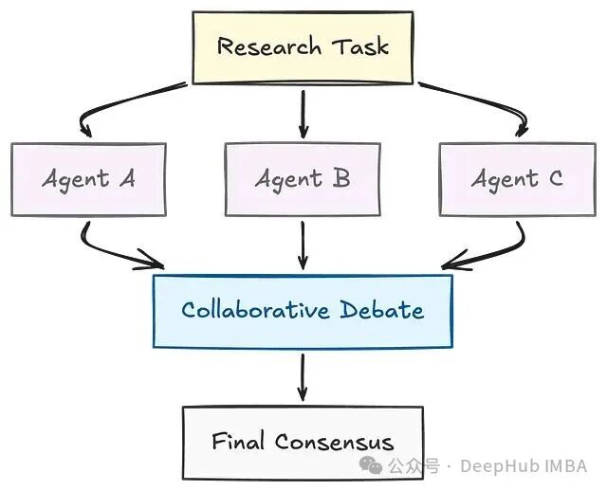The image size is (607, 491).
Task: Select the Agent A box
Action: [89, 178]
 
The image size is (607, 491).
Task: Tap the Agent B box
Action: [303, 178]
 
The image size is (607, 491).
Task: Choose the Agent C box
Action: [517, 178]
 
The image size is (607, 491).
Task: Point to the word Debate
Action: [380, 310]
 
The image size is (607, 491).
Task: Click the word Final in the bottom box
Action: [239, 441]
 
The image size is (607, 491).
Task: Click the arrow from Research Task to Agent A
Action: [123, 106]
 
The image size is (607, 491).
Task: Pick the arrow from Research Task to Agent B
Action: [303, 114]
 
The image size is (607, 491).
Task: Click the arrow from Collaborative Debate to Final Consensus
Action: [303, 376]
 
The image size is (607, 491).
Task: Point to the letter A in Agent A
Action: [126, 178]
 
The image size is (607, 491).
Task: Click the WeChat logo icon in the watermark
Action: [397, 465]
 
